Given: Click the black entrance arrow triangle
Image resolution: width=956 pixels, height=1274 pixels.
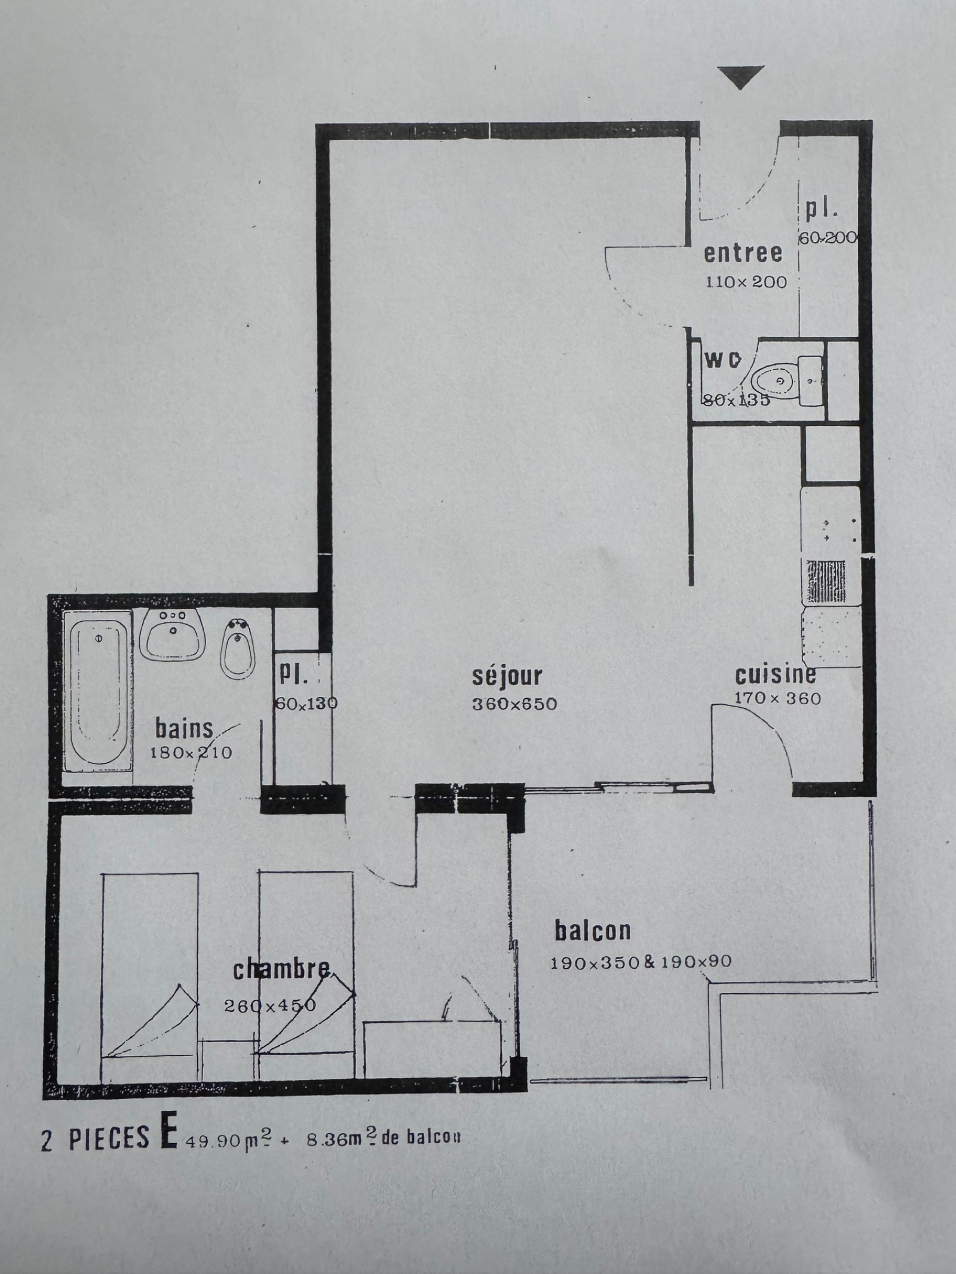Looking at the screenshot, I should [740, 76].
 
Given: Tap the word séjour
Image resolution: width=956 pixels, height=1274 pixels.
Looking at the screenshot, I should [507, 676].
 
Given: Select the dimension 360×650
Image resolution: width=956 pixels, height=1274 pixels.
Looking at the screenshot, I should [514, 704].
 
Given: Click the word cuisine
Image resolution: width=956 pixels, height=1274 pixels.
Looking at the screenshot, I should [775, 675].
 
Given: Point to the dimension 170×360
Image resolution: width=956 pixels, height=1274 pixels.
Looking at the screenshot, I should [777, 698].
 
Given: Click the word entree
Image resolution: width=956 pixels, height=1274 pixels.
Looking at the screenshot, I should [743, 253].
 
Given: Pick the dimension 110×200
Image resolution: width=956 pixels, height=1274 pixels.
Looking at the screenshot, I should [746, 282].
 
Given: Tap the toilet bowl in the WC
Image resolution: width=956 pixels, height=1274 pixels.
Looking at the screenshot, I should [771, 380].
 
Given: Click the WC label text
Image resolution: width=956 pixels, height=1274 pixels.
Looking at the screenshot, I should [723, 360].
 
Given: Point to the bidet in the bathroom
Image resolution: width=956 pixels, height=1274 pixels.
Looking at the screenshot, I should [238, 649].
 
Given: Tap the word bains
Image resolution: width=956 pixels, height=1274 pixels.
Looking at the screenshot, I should [184, 729].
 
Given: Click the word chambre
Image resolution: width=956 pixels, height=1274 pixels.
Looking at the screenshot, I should [281, 970].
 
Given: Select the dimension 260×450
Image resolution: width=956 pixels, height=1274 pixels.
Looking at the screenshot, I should [270, 1006].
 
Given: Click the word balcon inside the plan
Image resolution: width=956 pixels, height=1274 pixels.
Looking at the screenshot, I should [593, 931].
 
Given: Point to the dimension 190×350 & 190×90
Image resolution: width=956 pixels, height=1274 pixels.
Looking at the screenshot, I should [641, 962].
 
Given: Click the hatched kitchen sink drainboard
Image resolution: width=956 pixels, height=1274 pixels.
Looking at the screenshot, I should [826, 581].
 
